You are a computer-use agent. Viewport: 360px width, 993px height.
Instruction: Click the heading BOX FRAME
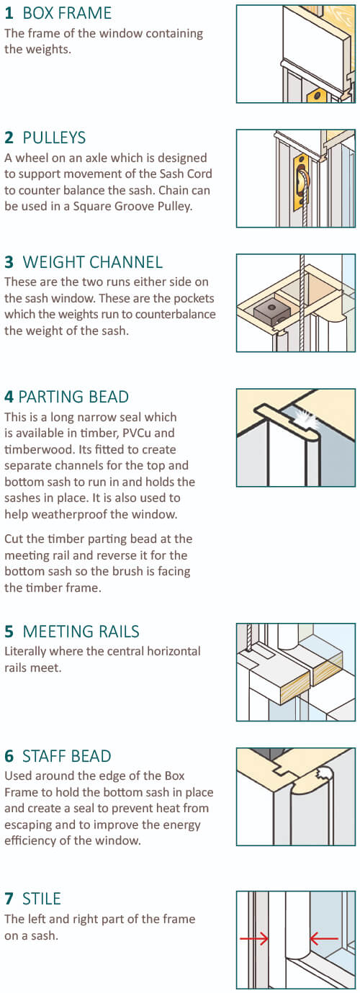(67, 14)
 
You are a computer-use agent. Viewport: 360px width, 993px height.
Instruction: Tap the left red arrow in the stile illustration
(253, 938)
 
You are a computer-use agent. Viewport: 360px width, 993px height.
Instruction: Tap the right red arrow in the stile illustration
(325, 938)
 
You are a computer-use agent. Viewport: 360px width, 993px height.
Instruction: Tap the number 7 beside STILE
(9, 899)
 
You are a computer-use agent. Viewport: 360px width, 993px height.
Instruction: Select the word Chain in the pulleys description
(170, 190)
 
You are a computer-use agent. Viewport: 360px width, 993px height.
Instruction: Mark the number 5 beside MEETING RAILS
(9, 632)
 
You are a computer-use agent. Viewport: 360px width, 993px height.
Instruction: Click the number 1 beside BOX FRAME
(9, 14)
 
